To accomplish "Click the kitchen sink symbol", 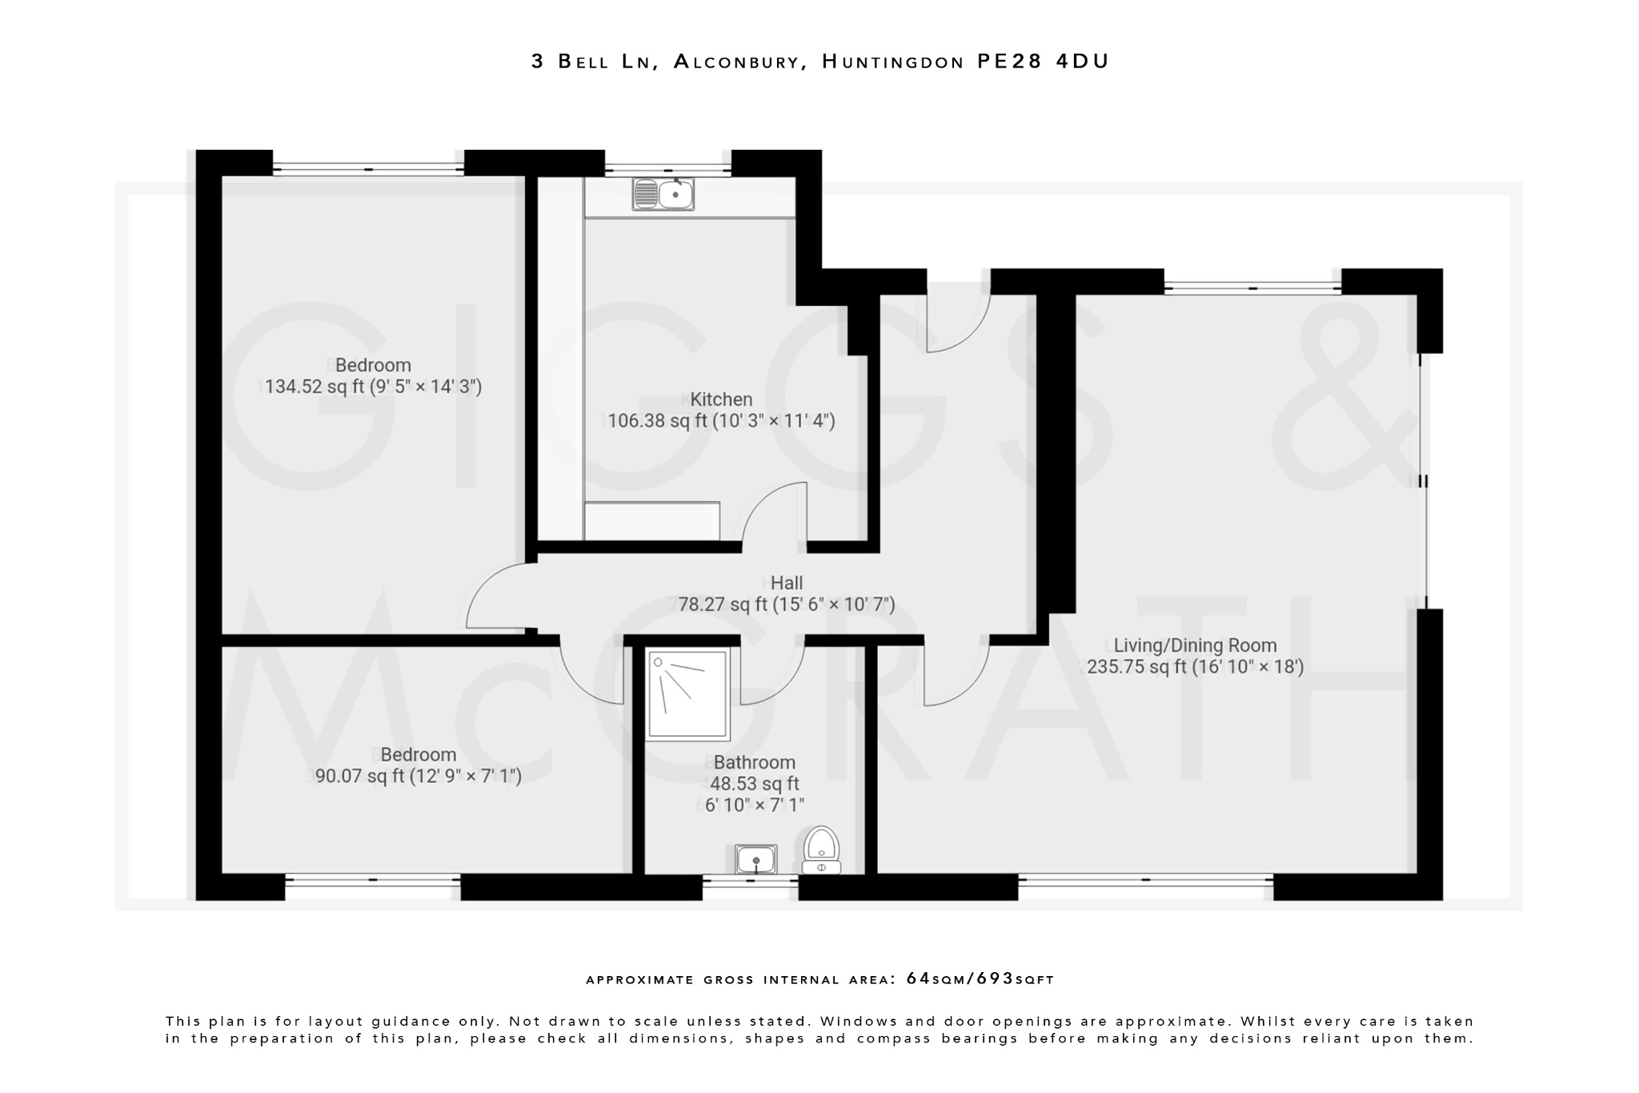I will coord(663,194).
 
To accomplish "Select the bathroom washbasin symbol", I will coord(755,859).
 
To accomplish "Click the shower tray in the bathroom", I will coord(688,694).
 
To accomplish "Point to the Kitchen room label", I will coord(721,399).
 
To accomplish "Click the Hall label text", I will coord(786,583).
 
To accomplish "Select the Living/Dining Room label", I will coord(1195,645).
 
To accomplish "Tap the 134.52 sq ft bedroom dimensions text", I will coord(373,388).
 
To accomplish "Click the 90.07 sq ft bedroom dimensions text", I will coord(418,776).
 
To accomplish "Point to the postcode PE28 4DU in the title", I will coord(1043,62).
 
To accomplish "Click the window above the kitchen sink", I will coord(668,168).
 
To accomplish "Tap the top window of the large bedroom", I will coord(368,168).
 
